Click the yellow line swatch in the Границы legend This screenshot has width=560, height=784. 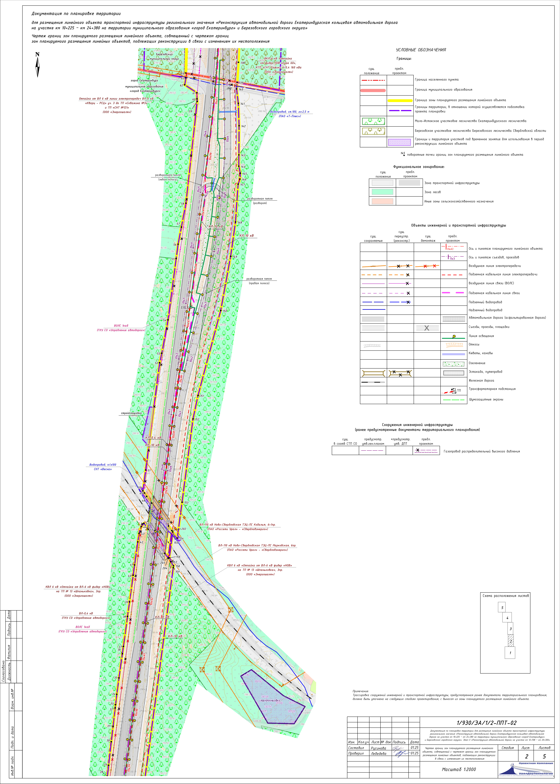click(400, 100)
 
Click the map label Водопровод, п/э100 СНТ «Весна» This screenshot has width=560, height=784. click(103, 467)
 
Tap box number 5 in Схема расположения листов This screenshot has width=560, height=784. click(502, 608)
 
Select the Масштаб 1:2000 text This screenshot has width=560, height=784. click(459, 769)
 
